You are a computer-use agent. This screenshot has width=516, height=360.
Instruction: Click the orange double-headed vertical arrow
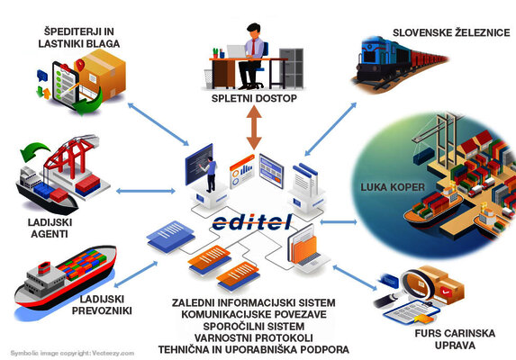[x=256, y=130]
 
